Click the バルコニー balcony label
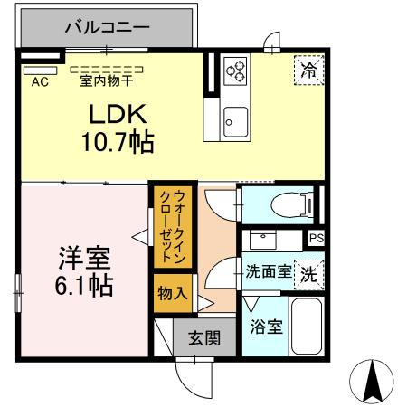107,28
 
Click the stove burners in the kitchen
235,71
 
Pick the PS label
315,238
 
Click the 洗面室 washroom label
268,270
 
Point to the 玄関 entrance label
203,339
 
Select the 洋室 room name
81,259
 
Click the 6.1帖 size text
81,287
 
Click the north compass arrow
371,381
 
